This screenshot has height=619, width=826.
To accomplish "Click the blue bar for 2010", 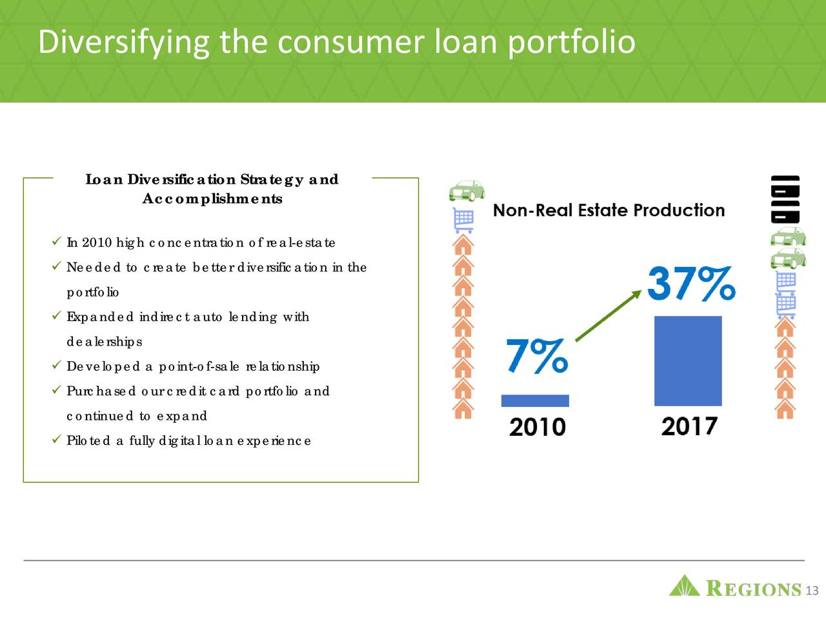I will coord(535,400).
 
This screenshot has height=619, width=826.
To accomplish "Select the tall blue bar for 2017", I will coord(688,360).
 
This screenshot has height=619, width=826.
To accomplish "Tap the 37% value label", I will coord(690,284).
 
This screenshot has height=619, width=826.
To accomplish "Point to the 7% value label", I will coord(537,356).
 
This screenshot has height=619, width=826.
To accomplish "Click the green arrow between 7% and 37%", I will coord(608,315).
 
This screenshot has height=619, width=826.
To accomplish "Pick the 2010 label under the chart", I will coord(537,426).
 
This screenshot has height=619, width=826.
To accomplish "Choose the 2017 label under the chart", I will coord(689,426).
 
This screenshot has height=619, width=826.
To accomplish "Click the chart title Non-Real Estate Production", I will coord(609,210).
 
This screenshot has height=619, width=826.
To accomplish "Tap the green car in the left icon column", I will coord(466,191).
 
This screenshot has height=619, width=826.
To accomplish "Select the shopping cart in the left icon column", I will coord(464,220).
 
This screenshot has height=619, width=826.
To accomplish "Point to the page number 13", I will coord(812,591).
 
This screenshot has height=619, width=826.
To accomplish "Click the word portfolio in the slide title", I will coord(571,42).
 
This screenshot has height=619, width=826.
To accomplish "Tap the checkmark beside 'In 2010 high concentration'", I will coord(55,242).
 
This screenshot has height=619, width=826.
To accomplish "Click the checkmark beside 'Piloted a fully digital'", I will coord(55,440).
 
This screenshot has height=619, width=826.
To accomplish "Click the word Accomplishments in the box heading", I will coord(212,199).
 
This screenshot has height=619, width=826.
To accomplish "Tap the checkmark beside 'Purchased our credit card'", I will coord(55,390).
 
